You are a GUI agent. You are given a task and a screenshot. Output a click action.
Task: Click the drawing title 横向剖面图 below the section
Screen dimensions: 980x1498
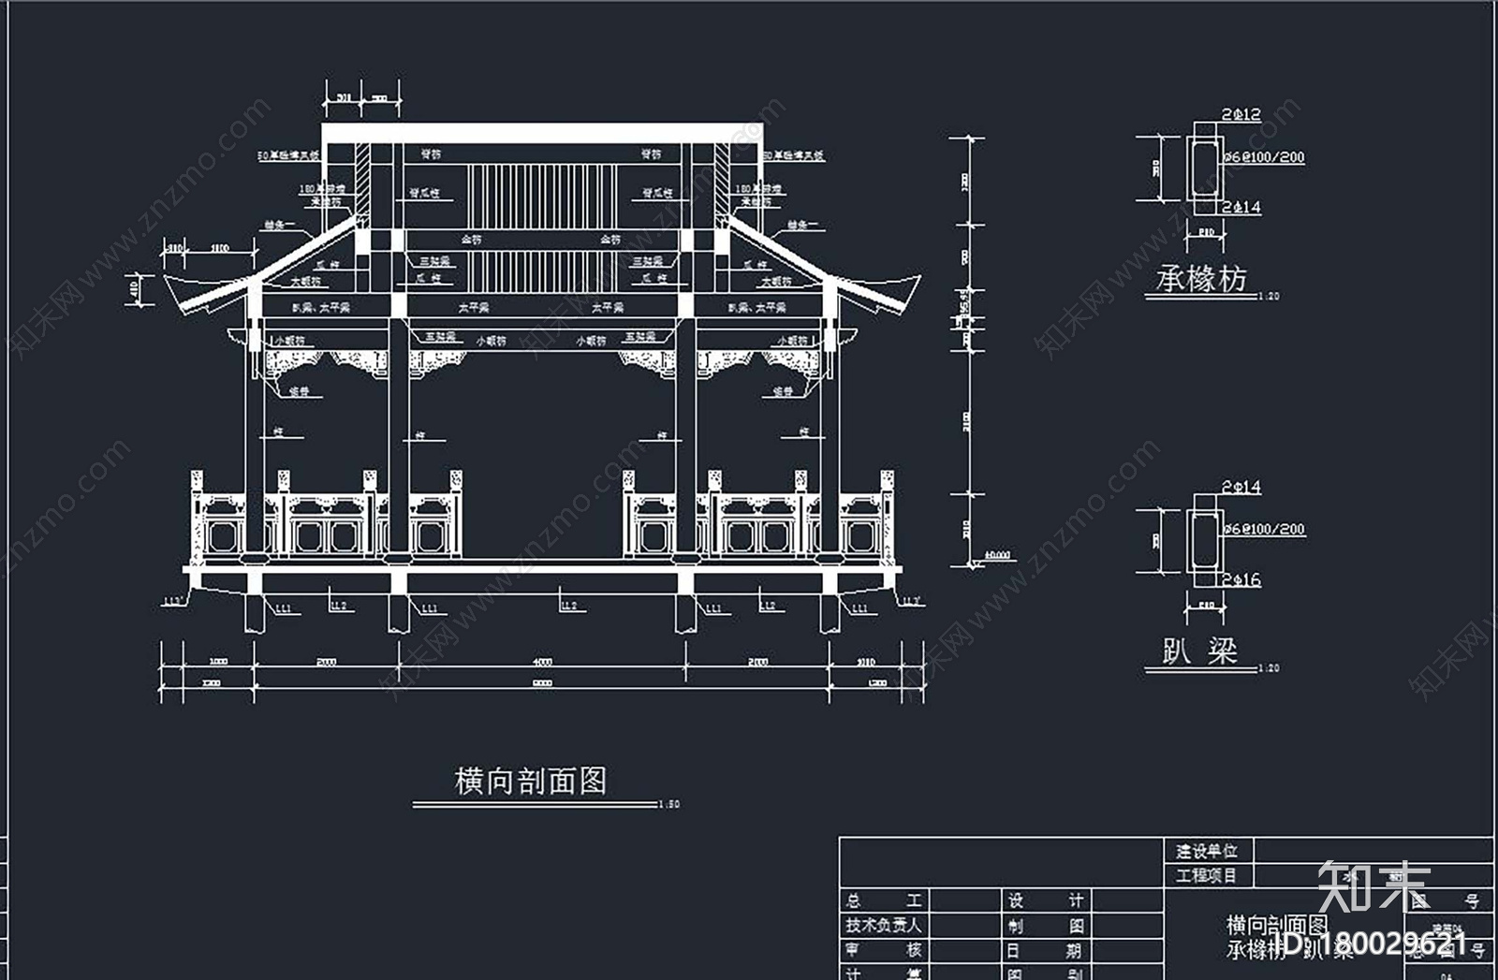tap(531, 781)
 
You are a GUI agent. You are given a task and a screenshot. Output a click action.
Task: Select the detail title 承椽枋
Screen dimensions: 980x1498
tap(1201, 279)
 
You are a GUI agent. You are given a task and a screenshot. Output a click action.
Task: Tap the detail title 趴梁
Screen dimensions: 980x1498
tap(1199, 651)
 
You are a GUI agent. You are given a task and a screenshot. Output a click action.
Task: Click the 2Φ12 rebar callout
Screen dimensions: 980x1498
tap(1241, 115)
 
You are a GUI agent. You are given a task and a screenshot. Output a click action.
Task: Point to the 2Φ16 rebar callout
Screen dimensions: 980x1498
tap(1241, 580)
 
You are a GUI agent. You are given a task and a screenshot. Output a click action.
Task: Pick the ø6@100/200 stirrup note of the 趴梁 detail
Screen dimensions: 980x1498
tap(1264, 530)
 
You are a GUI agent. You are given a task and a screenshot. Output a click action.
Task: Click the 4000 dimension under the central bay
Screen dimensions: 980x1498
tap(542, 662)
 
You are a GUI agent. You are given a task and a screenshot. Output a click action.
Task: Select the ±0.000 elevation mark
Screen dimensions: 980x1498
tap(998, 556)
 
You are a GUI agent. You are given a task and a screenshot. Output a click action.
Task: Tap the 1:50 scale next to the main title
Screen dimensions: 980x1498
tap(669, 804)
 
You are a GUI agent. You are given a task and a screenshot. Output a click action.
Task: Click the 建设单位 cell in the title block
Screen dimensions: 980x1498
tap(1207, 851)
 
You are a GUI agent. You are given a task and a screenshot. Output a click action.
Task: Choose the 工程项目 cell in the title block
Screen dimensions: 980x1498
tap(1207, 876)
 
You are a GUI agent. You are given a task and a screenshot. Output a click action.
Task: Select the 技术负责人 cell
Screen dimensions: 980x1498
tap(884, 925)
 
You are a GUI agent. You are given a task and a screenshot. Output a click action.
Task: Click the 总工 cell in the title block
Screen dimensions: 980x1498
tap(884, 900)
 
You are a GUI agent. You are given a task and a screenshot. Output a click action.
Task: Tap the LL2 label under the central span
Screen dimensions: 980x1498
tap(568, 607)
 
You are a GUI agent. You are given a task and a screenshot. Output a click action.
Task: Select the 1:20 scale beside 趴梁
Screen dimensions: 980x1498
tap(1269, 668)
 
